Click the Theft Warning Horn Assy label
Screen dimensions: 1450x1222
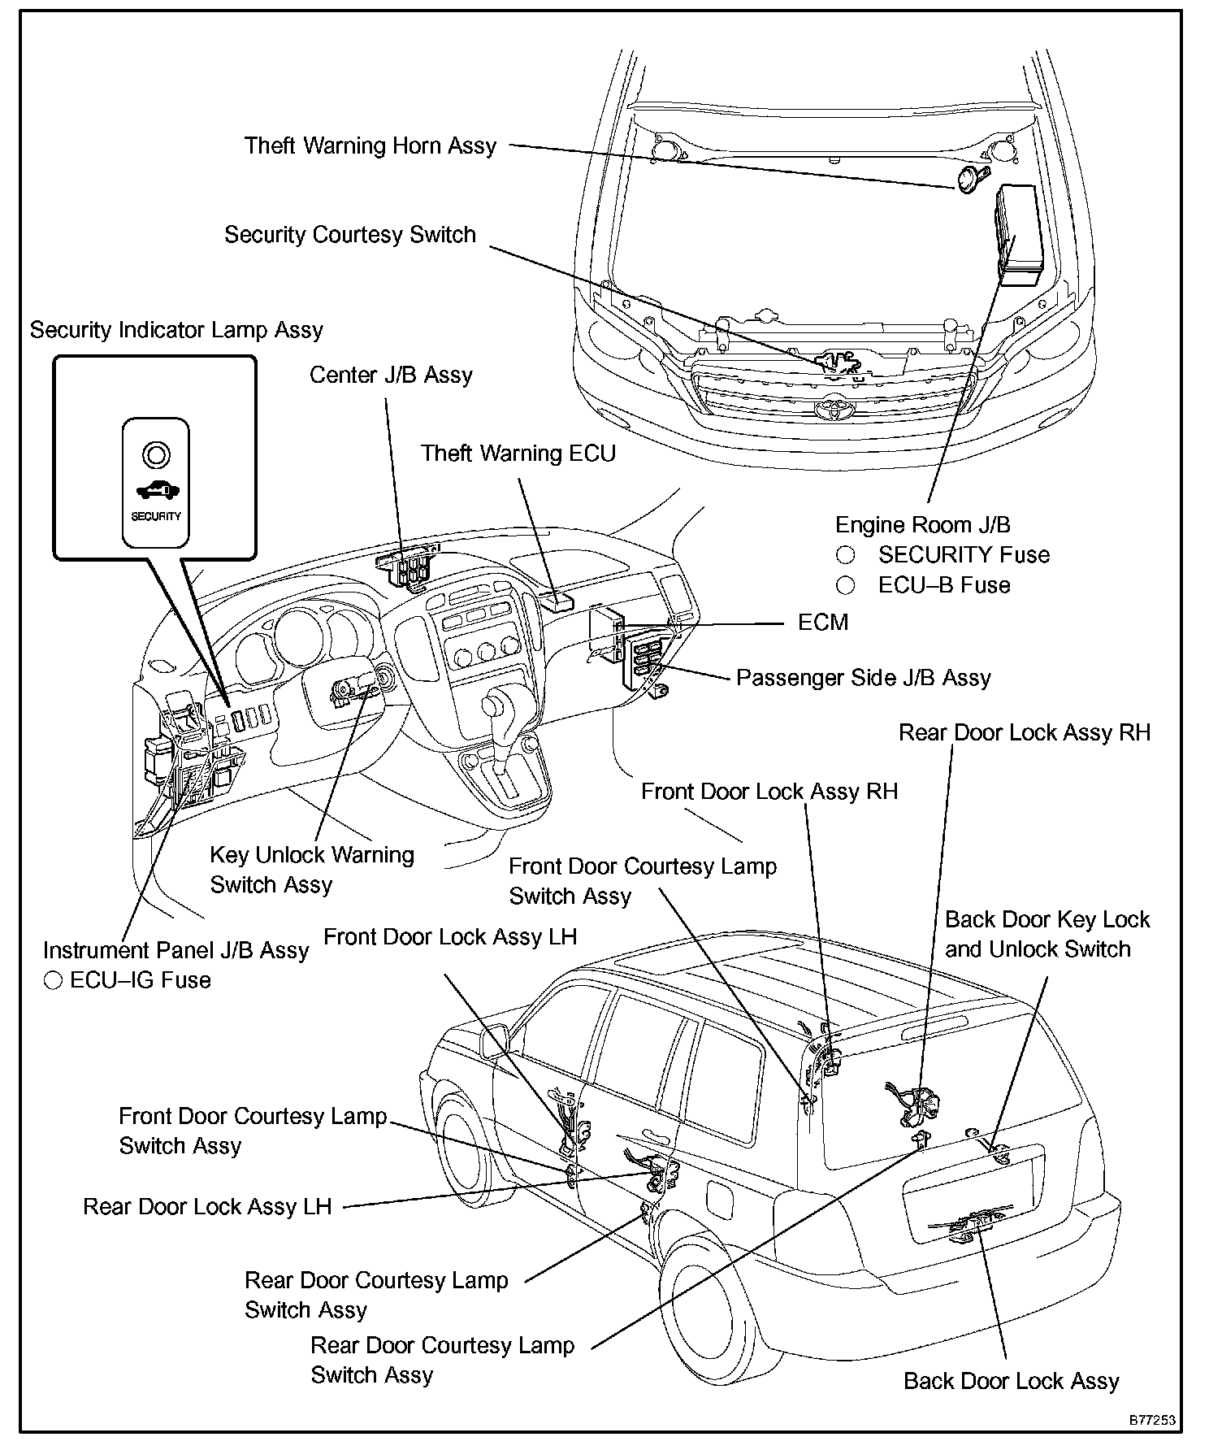pos(370,146)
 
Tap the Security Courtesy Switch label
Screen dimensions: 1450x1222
pos(350,235)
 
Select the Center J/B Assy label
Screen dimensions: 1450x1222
pos(391,376)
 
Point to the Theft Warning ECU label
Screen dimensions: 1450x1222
pos(518,454)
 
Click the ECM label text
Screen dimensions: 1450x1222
pos(823,623)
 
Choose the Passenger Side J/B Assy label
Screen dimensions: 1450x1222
pos(863,678)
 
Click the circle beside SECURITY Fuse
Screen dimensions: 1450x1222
pos(846,555)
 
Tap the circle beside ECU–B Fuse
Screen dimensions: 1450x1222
pos(846,585)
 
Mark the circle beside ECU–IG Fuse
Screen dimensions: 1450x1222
pos(54,980)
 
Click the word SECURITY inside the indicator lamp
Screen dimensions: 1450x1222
pos(156,516)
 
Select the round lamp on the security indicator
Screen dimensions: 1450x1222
pos(156,454)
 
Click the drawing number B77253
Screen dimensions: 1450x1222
pos(1151,1420)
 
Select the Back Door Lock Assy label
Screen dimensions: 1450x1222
pos(1012,1381)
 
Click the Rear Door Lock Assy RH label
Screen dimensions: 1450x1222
pos(1025,733)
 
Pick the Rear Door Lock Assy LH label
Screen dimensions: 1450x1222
pos(207,1207)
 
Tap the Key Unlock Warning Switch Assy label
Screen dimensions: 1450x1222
pos(311,870)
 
